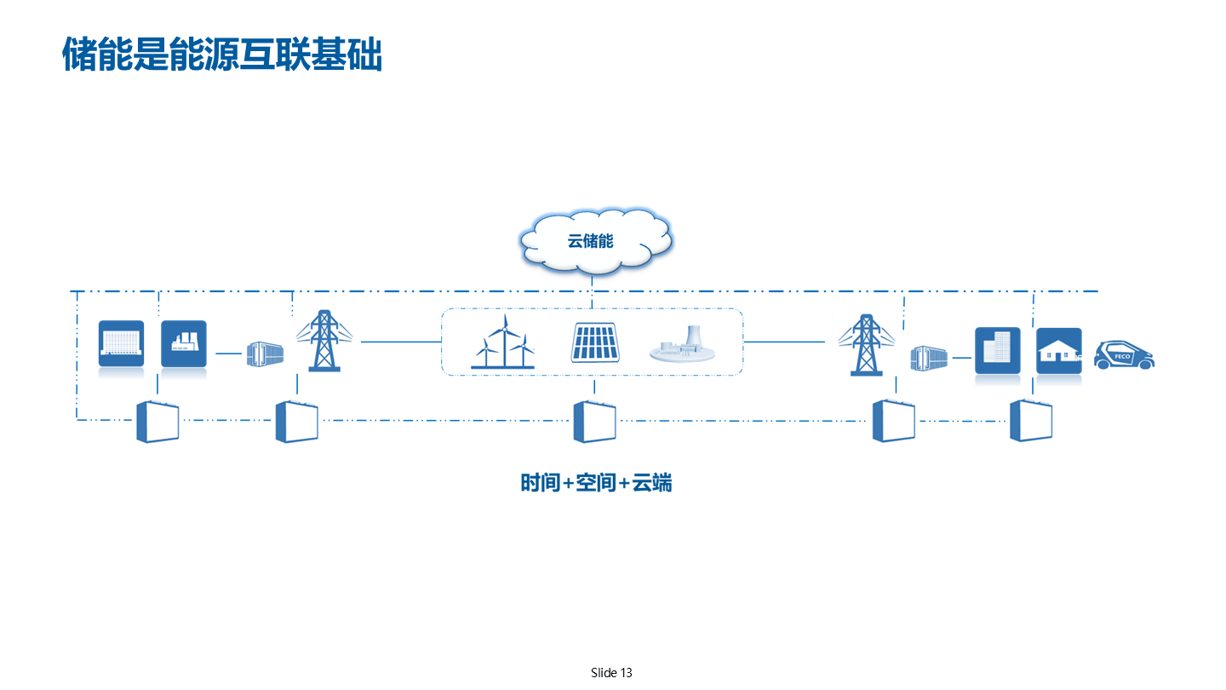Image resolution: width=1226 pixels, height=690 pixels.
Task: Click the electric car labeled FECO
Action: (x=1124, y=354)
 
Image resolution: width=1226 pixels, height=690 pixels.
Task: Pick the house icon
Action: (x=1058, y=350)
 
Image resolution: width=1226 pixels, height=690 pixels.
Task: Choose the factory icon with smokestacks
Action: (x=184, y=343)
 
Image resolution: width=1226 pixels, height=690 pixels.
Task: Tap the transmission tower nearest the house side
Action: (x=866, y=344)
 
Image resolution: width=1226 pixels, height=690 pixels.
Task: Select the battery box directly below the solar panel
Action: (x=594, y=422)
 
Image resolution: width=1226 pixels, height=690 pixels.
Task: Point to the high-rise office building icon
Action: (x=997, y=349)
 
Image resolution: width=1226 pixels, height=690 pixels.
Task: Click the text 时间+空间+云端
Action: (x=596, y=483)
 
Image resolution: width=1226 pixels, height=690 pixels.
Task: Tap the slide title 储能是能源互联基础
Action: (x=221, y=55)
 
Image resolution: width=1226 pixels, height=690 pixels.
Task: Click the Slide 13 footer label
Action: (x=611, y=673)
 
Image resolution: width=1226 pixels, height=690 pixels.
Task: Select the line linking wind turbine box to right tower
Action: (x=784, y=342)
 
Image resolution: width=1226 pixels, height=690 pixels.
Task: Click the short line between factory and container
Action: (x=229, y=353)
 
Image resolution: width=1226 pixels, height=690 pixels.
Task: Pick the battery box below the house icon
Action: (x=1031, y=421)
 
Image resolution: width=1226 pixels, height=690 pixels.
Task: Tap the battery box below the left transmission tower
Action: (x=296, y=422)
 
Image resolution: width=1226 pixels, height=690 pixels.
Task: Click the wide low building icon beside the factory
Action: (x=121, y=343)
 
